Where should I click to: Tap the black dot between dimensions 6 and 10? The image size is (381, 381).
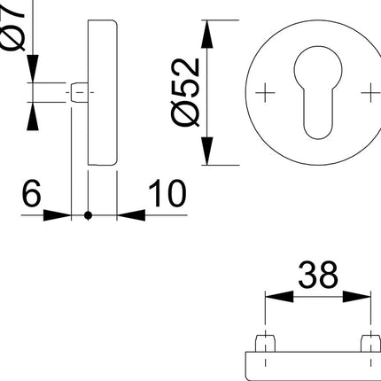tap(88, 215)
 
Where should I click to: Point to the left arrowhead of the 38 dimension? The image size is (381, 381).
tap(273, 298)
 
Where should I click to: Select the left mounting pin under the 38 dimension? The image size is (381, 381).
tap(265, 343)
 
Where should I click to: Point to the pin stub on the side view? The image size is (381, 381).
tap(78, 92)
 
